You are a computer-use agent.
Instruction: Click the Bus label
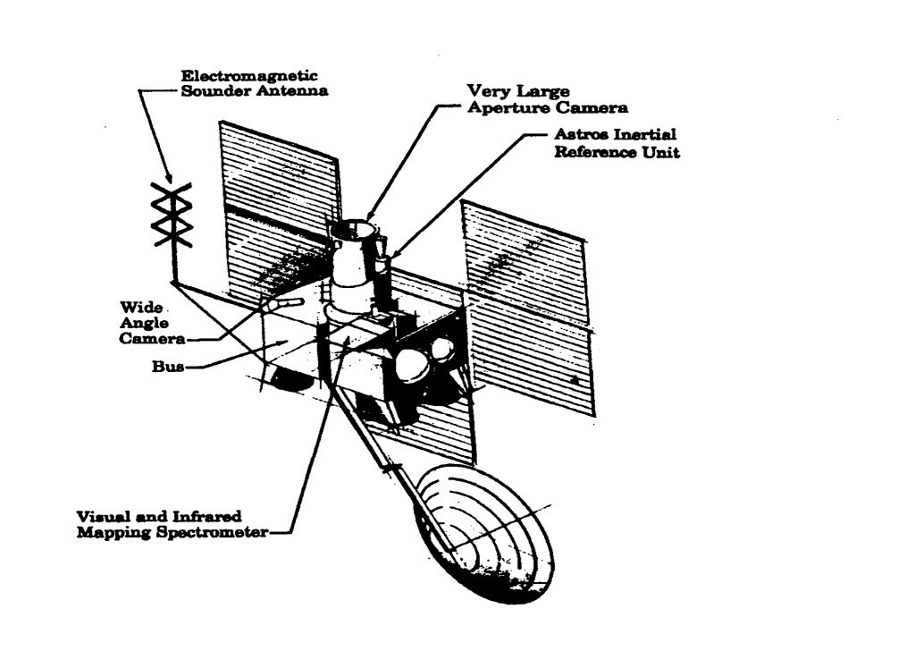(x=162, y=368)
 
